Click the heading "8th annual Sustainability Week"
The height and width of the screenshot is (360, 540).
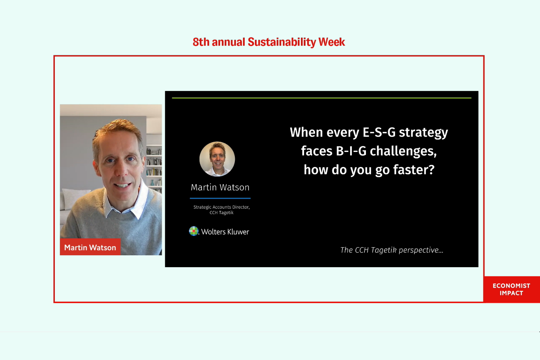[269, 42]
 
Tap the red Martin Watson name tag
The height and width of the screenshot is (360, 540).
[90, 247]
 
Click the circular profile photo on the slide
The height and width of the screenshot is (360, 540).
[217, 159]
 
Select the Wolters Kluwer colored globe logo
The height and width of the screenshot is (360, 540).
[194, 231]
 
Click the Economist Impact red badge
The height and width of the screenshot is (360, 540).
[511, 289]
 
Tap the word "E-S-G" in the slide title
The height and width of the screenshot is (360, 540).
[379, 133]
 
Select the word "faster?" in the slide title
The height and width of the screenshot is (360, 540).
[414, 169]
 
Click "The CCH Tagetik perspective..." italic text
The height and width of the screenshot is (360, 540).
[392, 250]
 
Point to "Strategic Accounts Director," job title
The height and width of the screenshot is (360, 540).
[221, 207]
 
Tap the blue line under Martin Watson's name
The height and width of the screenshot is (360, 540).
[220, 198]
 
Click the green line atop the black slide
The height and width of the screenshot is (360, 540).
[322, 98]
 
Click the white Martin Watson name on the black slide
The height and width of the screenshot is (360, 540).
[220, 187]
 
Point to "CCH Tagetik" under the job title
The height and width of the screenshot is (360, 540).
[221, 213]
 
